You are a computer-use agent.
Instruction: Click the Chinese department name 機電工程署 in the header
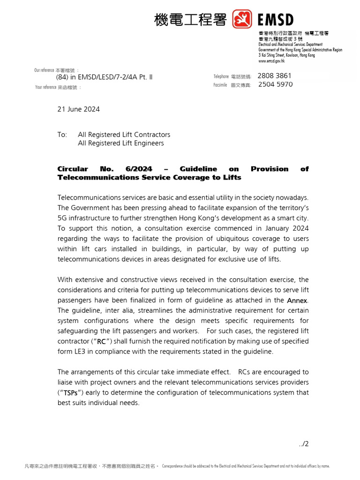point(190,20)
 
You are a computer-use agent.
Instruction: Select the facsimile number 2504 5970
point(275,84)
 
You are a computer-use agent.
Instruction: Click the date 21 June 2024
point(78,109)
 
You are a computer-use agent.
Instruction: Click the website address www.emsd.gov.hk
point(271,61)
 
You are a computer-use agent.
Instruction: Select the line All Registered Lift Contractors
point(124,135)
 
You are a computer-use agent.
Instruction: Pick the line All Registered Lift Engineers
point(120,143)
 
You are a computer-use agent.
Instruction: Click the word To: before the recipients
point(62,135)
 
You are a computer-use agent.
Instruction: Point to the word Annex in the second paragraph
point(298,300)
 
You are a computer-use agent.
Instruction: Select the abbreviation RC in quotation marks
point(101,342)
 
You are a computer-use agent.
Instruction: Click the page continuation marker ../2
point(304,443)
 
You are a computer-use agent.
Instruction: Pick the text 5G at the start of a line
point(62,218)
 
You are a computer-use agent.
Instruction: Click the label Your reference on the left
point(45,87)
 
